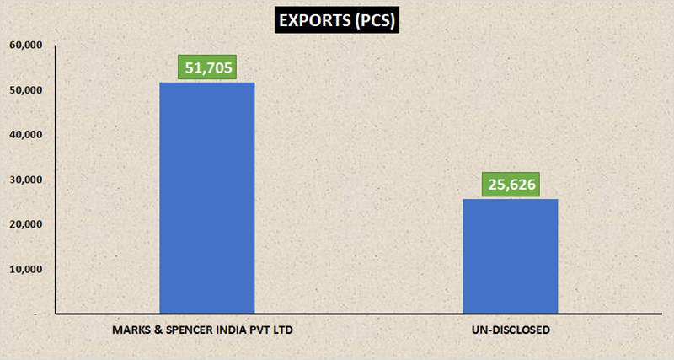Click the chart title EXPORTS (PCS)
tap(338, 21)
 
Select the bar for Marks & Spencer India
tap(207, 198)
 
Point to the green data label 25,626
tap(511, 184)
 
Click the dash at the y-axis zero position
tap(35, 314)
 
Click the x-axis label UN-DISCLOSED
tap(511, 329)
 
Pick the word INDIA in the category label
tap(231, 329)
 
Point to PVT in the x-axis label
tap(262, 329)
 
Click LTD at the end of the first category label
tap(287, 329)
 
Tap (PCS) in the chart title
tap(372, 21)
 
